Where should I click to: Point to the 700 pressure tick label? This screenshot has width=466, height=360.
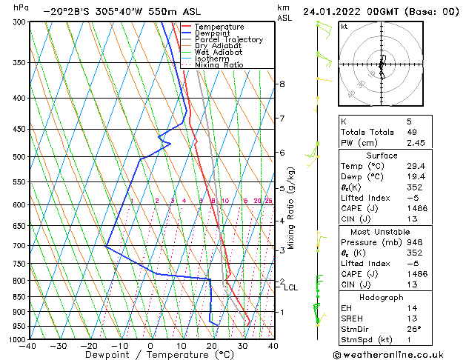click(17, 245)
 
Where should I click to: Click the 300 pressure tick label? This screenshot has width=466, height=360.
click(17, 22)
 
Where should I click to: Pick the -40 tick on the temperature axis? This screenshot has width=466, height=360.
click(28, 346)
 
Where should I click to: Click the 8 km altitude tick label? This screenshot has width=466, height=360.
click(282, 84)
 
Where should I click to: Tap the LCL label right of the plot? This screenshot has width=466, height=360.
click(290, 287)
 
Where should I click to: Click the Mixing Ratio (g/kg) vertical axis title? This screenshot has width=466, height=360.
click(291, 208)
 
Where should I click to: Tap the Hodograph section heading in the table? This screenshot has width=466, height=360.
click(382, 296)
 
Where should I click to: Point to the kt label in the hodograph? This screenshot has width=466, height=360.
click(344, 26)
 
